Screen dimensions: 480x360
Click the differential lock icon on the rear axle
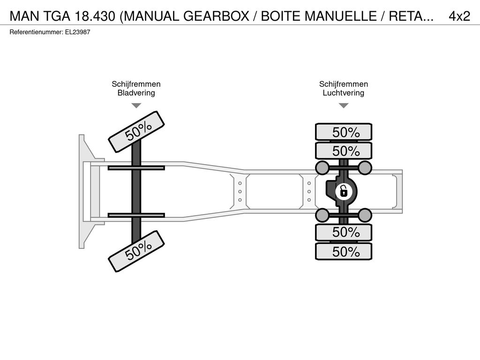click(x=344, y=192)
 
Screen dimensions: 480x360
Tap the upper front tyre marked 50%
click(x=136, y=132)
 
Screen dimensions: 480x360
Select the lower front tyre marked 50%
click(x=136, y=251)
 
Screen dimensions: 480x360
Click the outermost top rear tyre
click(x=344, y=132)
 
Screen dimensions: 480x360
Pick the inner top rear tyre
click(x=344, y=150)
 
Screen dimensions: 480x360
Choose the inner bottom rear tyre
click(x=344, y=232)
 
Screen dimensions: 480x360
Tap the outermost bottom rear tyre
click(x=344, y=251)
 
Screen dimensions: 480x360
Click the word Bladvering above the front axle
click(x=136, y=93)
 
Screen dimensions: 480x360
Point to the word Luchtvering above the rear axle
click(x=344, y=93)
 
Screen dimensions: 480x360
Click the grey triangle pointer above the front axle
click(x=136, y=105)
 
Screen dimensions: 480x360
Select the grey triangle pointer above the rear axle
click(x=344, y=105)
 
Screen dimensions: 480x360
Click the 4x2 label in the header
click(x=459, y=16)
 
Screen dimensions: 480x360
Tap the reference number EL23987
click(x=77, y=32)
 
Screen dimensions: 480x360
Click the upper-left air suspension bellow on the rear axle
click(x=322, y=167)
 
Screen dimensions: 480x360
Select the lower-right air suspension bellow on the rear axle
click(x=365, y=215)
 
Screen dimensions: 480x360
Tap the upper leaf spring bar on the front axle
click(x=136, y=168)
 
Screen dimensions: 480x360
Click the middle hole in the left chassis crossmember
click(x=240, y=192)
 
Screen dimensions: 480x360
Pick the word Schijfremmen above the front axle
click(x=136, y=84)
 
